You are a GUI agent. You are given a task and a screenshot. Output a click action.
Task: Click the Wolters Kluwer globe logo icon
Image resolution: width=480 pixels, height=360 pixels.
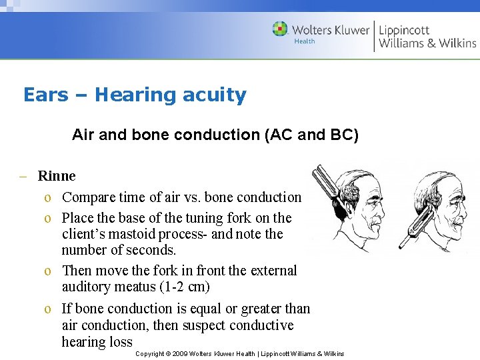click(x=280, y=29)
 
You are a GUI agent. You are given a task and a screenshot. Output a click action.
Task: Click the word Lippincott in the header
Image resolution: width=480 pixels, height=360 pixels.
click(x=404, y=29)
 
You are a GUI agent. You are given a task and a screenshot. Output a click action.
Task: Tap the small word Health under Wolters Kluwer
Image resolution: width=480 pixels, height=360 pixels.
click(x=305, y=41)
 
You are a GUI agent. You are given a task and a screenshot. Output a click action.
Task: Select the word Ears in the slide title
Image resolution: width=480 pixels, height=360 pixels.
click(x=45, y=95)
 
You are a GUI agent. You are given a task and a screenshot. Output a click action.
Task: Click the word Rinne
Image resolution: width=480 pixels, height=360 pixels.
click(x=57, y=176)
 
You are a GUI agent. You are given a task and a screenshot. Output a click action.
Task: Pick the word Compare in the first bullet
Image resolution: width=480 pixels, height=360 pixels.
click(x=87, y=197)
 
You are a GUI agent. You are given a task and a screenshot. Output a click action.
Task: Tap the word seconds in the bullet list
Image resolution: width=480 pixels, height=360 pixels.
click(x=153, y=250)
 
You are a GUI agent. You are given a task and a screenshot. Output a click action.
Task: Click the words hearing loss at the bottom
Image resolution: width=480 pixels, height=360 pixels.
click(x=97, y=342)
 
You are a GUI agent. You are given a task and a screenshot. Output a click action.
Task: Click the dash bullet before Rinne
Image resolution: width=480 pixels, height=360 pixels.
click(x=23, y=177)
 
